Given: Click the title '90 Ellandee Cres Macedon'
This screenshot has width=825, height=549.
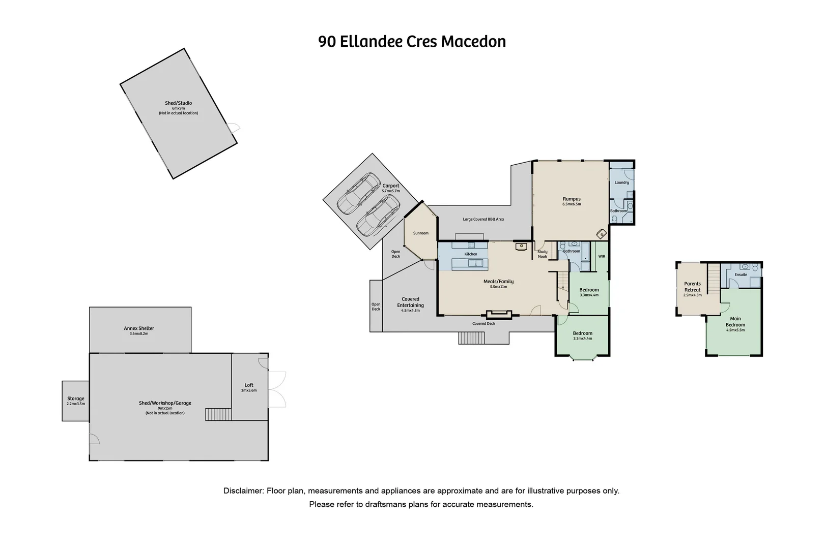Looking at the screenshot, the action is click(412, 42).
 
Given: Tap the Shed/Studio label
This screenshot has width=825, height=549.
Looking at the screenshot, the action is click(178, 103).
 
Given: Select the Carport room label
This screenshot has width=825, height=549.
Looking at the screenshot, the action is click(390, 186).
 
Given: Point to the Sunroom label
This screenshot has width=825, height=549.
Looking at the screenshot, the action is click(420, 233).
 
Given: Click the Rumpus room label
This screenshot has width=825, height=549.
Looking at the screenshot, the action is click(572, 199).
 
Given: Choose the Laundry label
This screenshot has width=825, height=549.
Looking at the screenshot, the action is click(622, 182).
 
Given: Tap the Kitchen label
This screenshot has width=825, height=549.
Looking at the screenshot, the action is click(471, 254).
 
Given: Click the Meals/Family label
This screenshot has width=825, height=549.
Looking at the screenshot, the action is click(498, 282).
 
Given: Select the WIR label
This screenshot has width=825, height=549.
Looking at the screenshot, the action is click(602, 257).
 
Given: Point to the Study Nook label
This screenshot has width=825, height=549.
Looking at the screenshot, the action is click(543, 254).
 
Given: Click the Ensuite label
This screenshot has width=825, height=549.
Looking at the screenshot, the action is click(741, 274).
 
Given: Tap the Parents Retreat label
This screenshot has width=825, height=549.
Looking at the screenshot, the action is click(692, 287).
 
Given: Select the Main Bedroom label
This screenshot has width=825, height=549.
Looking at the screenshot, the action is click(735, 322).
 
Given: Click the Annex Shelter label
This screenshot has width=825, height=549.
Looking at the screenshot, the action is click(139, 328).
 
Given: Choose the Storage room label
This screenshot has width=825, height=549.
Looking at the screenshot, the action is click(76, 399).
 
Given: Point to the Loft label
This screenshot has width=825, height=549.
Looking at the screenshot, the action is click(249, 385).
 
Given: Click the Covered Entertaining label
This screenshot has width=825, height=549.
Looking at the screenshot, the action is click(410, 302).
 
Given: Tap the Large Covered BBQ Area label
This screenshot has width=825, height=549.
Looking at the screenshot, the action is click(483, 219).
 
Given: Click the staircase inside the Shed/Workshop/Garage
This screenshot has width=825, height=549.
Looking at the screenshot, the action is click(218, 414).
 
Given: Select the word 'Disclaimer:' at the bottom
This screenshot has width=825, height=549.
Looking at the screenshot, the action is click(244, 491).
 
